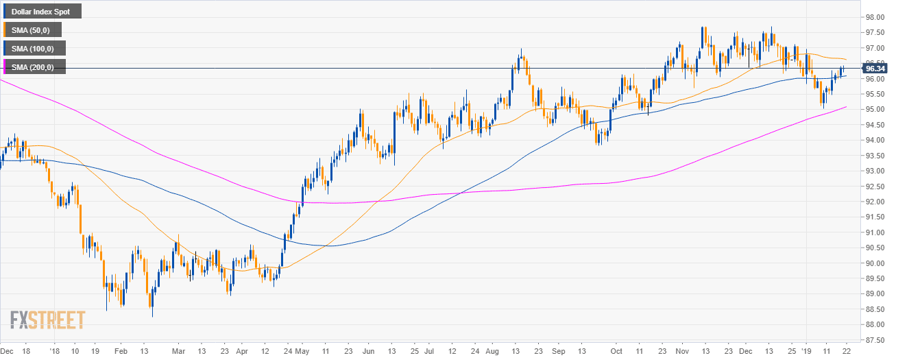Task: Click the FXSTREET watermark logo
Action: pyautogui.click(x=47, y=320)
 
